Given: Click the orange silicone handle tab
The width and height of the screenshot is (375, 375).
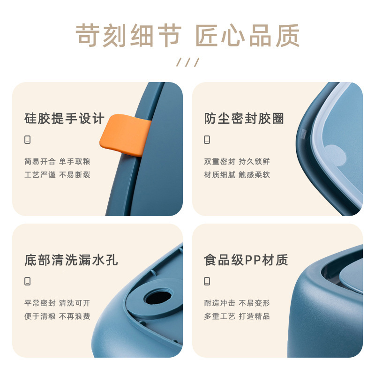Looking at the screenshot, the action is coord(125,135).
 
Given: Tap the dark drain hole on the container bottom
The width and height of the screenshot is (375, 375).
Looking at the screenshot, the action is coord(158,297).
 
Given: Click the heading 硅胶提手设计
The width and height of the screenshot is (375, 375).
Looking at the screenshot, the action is coord(64,119).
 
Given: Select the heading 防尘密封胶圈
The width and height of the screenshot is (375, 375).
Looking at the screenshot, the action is coord(244,119).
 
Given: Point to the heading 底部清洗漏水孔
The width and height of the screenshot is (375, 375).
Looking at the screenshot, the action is coord(71,260).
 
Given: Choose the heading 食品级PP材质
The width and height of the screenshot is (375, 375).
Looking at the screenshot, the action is coord(246,260).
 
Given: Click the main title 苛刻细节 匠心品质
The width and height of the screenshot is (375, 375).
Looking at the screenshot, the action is coord(187,36).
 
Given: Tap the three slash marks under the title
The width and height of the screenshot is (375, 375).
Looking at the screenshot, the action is coord(188,62).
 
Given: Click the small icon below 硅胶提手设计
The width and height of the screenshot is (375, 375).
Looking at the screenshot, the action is coord(28,140).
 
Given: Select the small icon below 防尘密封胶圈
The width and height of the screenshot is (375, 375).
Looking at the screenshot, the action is coord(207,140).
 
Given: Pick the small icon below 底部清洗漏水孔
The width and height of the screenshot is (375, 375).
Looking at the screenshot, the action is coord(28,281).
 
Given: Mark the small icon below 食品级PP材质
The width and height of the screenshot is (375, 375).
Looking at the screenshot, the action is coord(207,281).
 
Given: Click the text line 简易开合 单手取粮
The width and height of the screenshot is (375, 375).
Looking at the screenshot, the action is coord(57,161).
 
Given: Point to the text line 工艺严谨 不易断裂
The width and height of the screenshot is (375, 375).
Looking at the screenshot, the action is coord(57,175).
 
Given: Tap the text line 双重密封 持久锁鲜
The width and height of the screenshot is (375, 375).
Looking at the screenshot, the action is coord(237,161).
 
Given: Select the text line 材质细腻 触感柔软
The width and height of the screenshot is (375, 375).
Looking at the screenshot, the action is coord(237,175).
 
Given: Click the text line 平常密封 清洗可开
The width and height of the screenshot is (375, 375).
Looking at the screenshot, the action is coord(57,303).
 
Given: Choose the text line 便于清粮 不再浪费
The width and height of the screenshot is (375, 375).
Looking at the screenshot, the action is coord(57,316).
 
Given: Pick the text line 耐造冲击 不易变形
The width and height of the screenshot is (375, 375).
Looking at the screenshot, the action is coord(237,303).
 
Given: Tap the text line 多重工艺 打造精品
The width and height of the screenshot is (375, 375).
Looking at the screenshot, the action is coord(237,316).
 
